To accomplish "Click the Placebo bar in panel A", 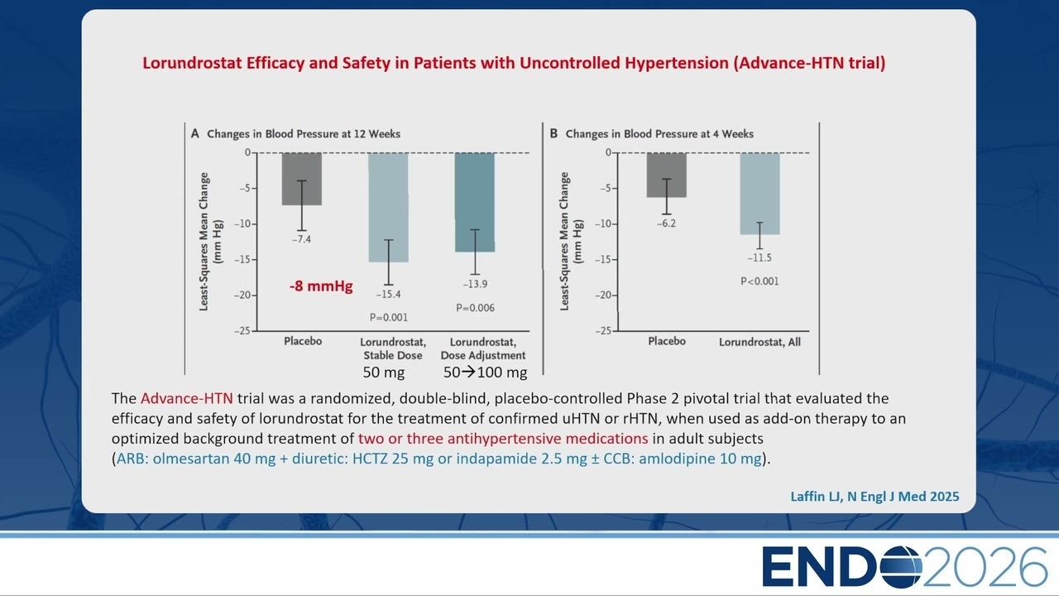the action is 302,179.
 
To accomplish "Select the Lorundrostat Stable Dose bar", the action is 388,207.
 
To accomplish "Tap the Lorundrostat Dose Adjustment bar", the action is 475,202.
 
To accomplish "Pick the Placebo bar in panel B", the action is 667,175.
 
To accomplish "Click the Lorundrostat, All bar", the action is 760,194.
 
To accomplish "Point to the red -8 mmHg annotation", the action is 321,286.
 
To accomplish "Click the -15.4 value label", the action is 388,294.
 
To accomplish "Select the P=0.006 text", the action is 475,308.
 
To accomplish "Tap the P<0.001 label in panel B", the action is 760,281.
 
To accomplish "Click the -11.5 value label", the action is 760,257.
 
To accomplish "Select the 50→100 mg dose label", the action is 485,372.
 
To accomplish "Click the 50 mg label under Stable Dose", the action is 383,372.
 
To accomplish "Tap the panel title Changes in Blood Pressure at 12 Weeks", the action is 304,134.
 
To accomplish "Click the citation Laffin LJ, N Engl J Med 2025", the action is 875,496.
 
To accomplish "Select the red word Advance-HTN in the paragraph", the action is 187,398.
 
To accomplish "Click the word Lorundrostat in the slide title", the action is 193,63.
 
